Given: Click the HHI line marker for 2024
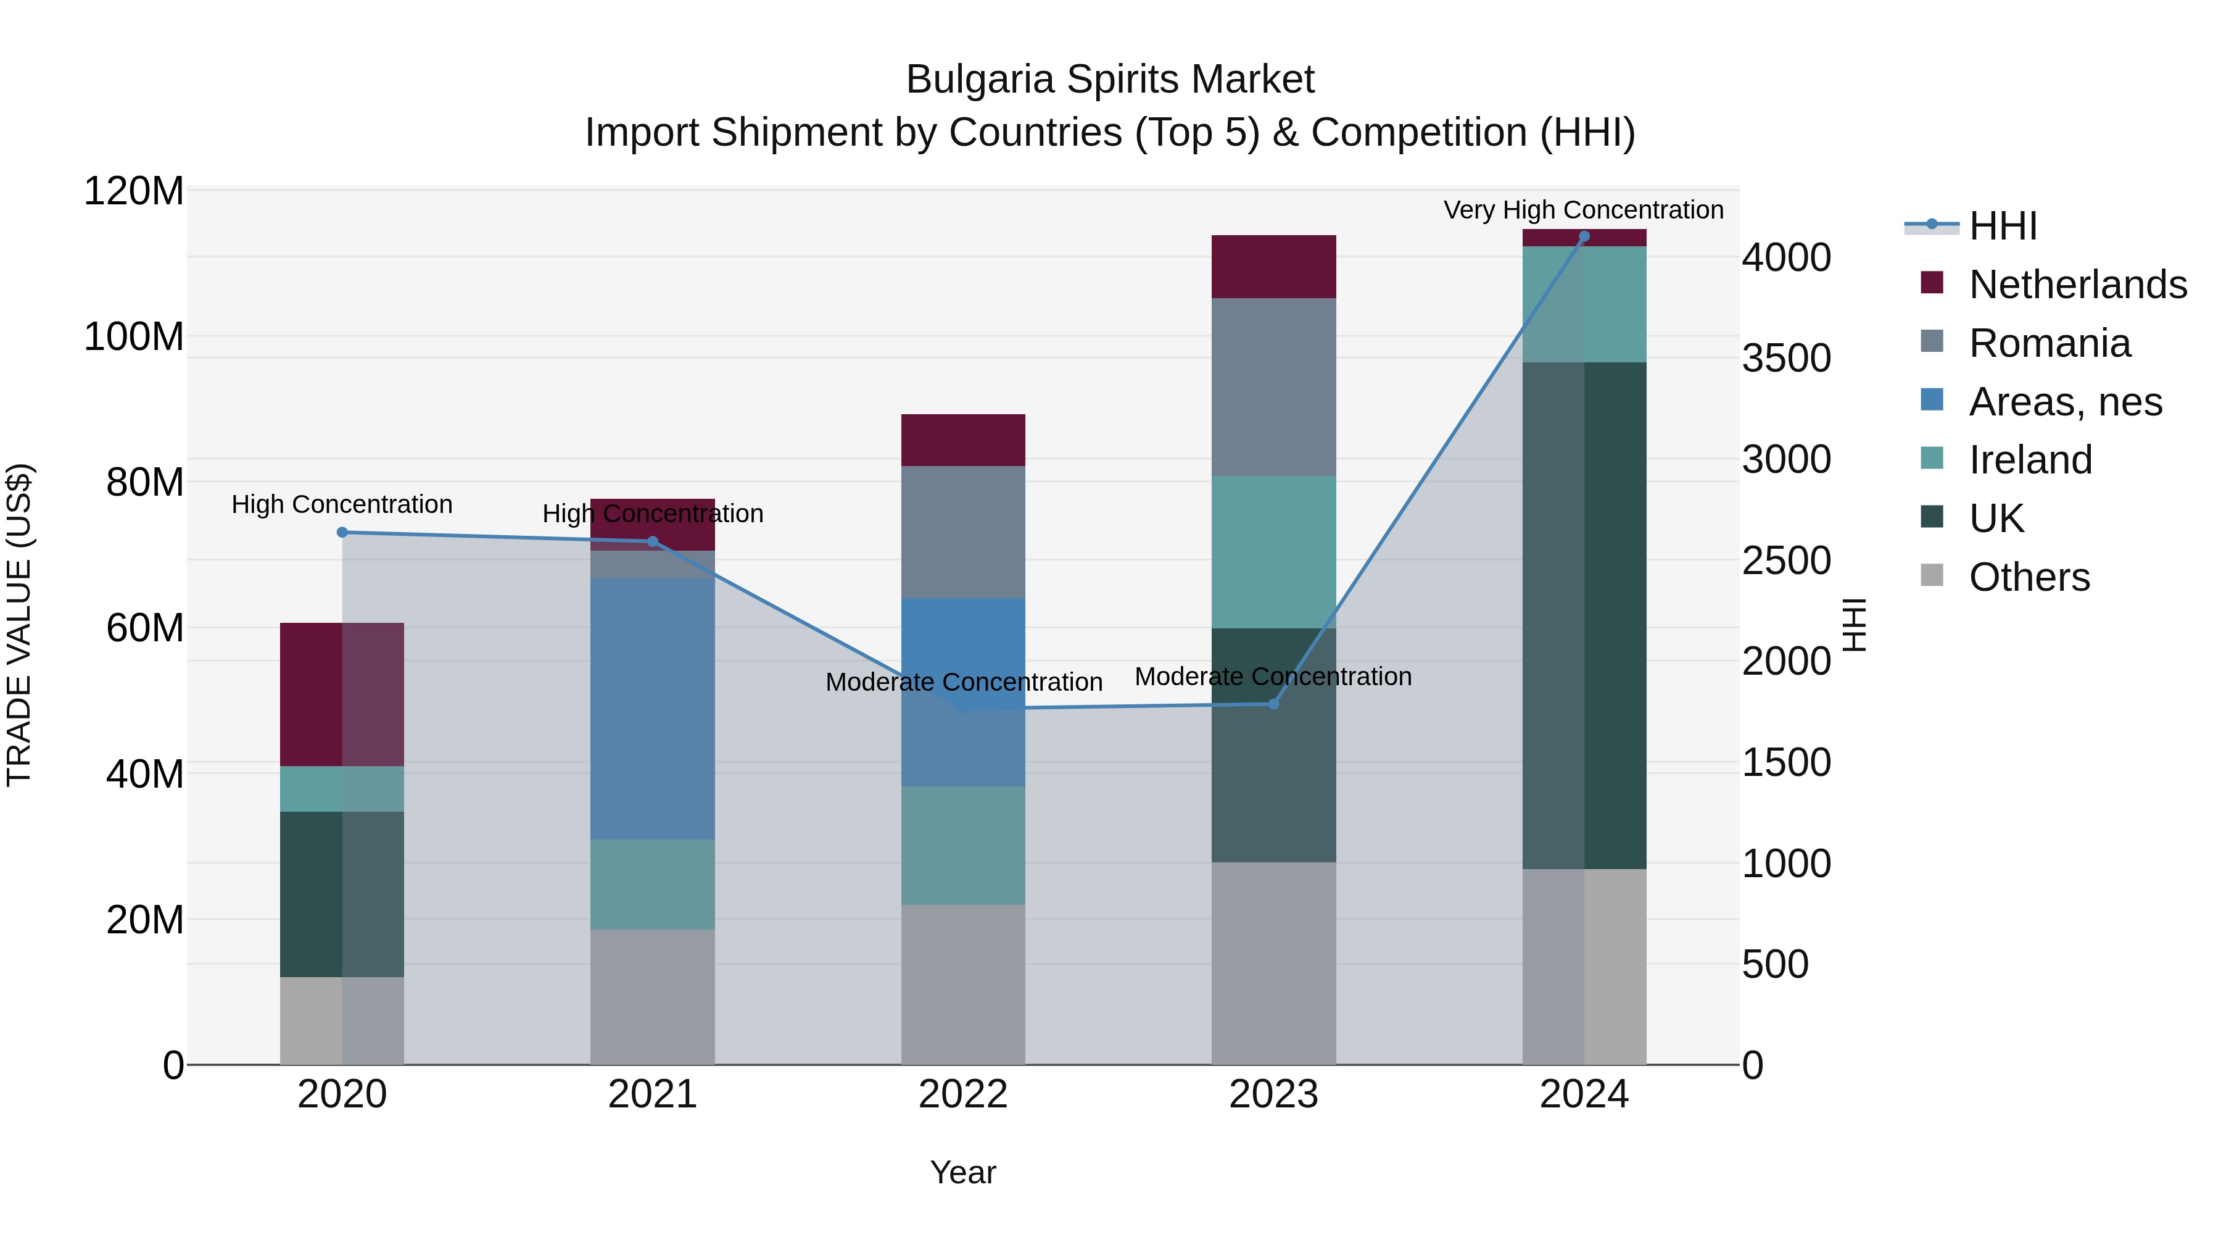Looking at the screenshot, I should point(1584,236).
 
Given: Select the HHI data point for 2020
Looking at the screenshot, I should point(342,532).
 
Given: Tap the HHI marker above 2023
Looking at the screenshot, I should point(1273,704).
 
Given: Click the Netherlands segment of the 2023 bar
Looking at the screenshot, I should point(1273,267).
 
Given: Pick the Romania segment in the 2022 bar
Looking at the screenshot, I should point(963,531).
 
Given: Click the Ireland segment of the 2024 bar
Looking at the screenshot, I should point(1584,304).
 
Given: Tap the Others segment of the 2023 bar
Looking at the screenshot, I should point(1273,963).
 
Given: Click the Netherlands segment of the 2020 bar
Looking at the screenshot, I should point(342,694).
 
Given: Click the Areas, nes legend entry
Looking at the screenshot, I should point(2065,402).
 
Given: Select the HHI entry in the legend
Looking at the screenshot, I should point(2003,226).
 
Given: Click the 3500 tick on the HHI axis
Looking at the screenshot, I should point(1787,358).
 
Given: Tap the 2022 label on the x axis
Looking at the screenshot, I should point(963,1094).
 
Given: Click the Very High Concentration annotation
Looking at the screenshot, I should point(1583,210).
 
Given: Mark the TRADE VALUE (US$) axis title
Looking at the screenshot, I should point(19,625).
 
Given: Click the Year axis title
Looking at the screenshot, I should point(963,1172).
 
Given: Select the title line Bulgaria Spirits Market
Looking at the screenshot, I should point(1110,80).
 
